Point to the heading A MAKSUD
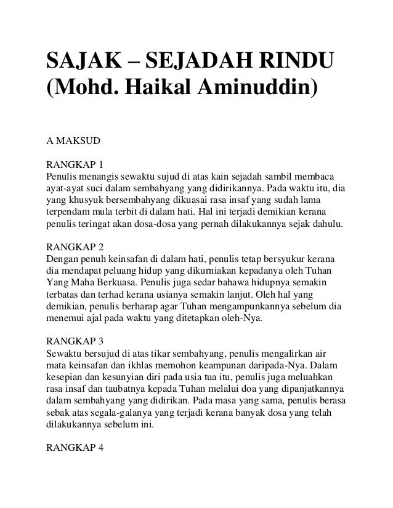point(69,140)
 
